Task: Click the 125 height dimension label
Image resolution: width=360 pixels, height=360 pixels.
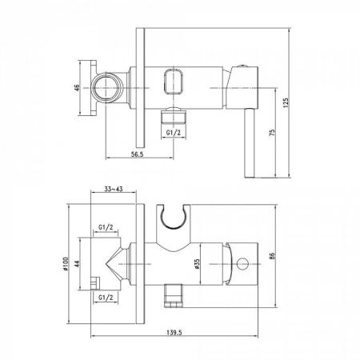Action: point(286,102)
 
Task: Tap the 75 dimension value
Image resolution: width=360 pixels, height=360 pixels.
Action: point(272,133)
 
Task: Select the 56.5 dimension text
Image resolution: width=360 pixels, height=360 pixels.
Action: point(138,154)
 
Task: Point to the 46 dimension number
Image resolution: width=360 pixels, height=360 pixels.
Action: point(77,88)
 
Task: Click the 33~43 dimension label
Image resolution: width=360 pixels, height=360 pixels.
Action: point(114,189)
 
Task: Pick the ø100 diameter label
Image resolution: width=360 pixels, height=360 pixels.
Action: point(66,264)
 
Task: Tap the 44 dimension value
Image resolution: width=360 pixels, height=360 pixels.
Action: point(77,264)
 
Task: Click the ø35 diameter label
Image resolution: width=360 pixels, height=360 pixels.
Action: point(197,263)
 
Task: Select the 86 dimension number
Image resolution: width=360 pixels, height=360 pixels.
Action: point(272,256)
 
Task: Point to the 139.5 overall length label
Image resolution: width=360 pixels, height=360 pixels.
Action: point(174,332)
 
